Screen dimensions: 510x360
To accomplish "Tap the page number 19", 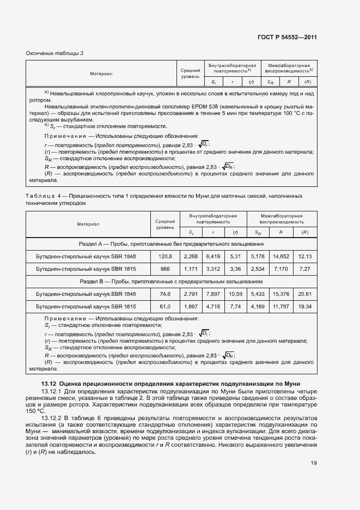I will tap(314, 463).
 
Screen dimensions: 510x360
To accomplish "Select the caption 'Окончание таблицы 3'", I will tap(54, 53).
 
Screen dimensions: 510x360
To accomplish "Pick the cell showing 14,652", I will tap(281, 256).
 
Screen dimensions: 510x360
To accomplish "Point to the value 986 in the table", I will tap(164, 269).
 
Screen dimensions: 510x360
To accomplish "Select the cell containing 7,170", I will tap(281, 269).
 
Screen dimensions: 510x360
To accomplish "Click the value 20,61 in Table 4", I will tap(305, 294).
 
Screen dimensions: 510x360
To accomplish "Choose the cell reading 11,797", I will tap(281, 307).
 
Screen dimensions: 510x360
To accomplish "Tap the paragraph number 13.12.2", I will tap(52, 417).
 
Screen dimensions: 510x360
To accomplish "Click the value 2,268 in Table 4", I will tap(191, 256).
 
